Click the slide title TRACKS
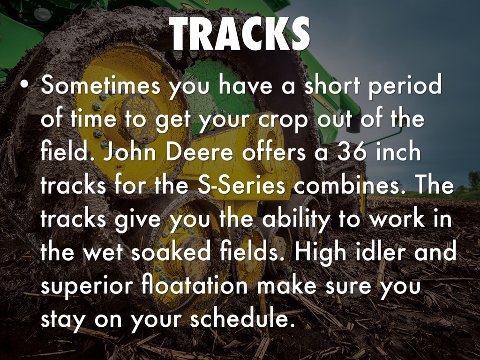(240, 33)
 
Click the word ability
(296, 219)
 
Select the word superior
(87, 286)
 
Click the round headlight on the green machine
(43, 14)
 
